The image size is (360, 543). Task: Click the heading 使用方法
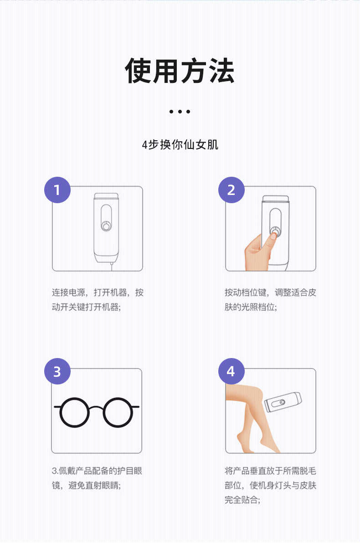[180, 71]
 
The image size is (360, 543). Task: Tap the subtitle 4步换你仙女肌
[180, 145]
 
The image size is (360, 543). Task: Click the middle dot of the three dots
[180, 111]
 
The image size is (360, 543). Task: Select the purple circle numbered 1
[57, 190]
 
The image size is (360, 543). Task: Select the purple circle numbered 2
[231, 190]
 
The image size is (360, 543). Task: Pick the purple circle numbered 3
[57, 372]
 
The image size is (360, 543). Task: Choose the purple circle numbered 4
[231, 372]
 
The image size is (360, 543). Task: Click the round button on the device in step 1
[106, 225]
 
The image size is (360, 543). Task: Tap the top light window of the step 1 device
[107, 197]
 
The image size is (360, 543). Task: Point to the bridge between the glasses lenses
[97, 407]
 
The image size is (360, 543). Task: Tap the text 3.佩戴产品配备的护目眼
[97, 471]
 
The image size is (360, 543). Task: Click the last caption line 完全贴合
[242, 500]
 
